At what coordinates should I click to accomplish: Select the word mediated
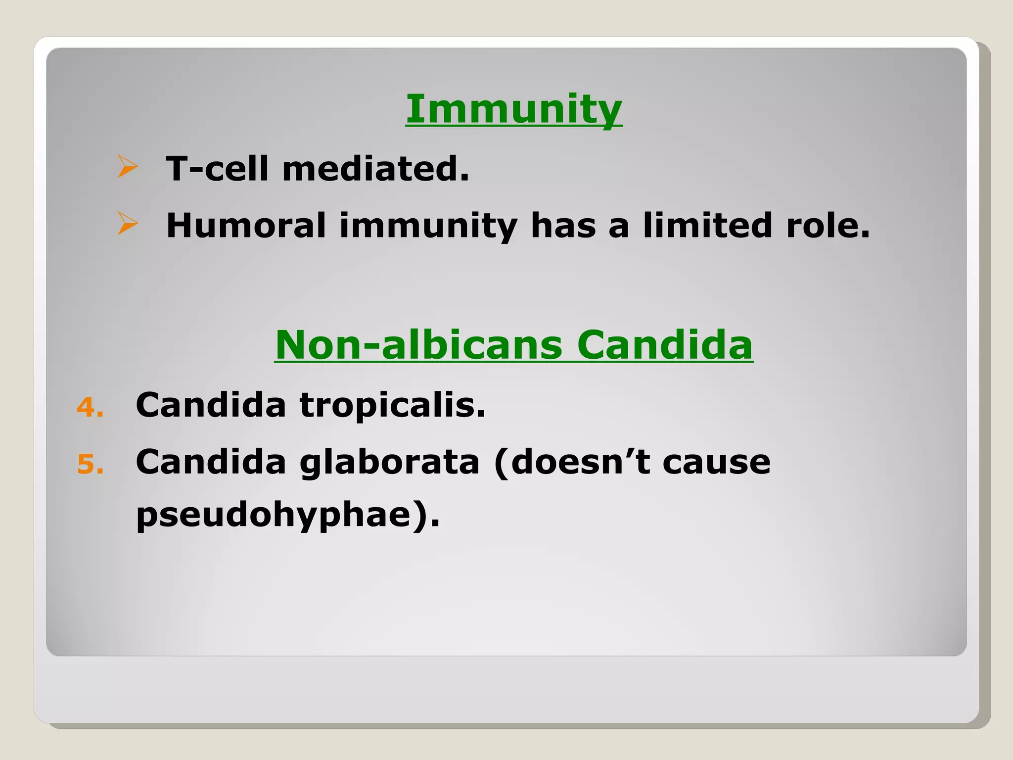pos(375,169)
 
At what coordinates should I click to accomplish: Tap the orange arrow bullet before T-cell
pos(127,167)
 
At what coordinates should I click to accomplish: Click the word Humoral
pos(246,226)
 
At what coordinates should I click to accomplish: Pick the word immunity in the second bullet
pos(428,227)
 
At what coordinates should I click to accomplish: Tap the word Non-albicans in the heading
pos(418,345)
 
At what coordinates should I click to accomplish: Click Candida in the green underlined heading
pos(664,345)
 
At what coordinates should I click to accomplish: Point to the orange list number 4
pos(90,408)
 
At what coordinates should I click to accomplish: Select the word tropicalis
pos(392,406)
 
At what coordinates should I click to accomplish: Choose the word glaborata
pos(389,463)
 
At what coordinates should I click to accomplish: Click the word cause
pos(716,463)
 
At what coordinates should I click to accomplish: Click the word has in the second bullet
pos(563,226)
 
